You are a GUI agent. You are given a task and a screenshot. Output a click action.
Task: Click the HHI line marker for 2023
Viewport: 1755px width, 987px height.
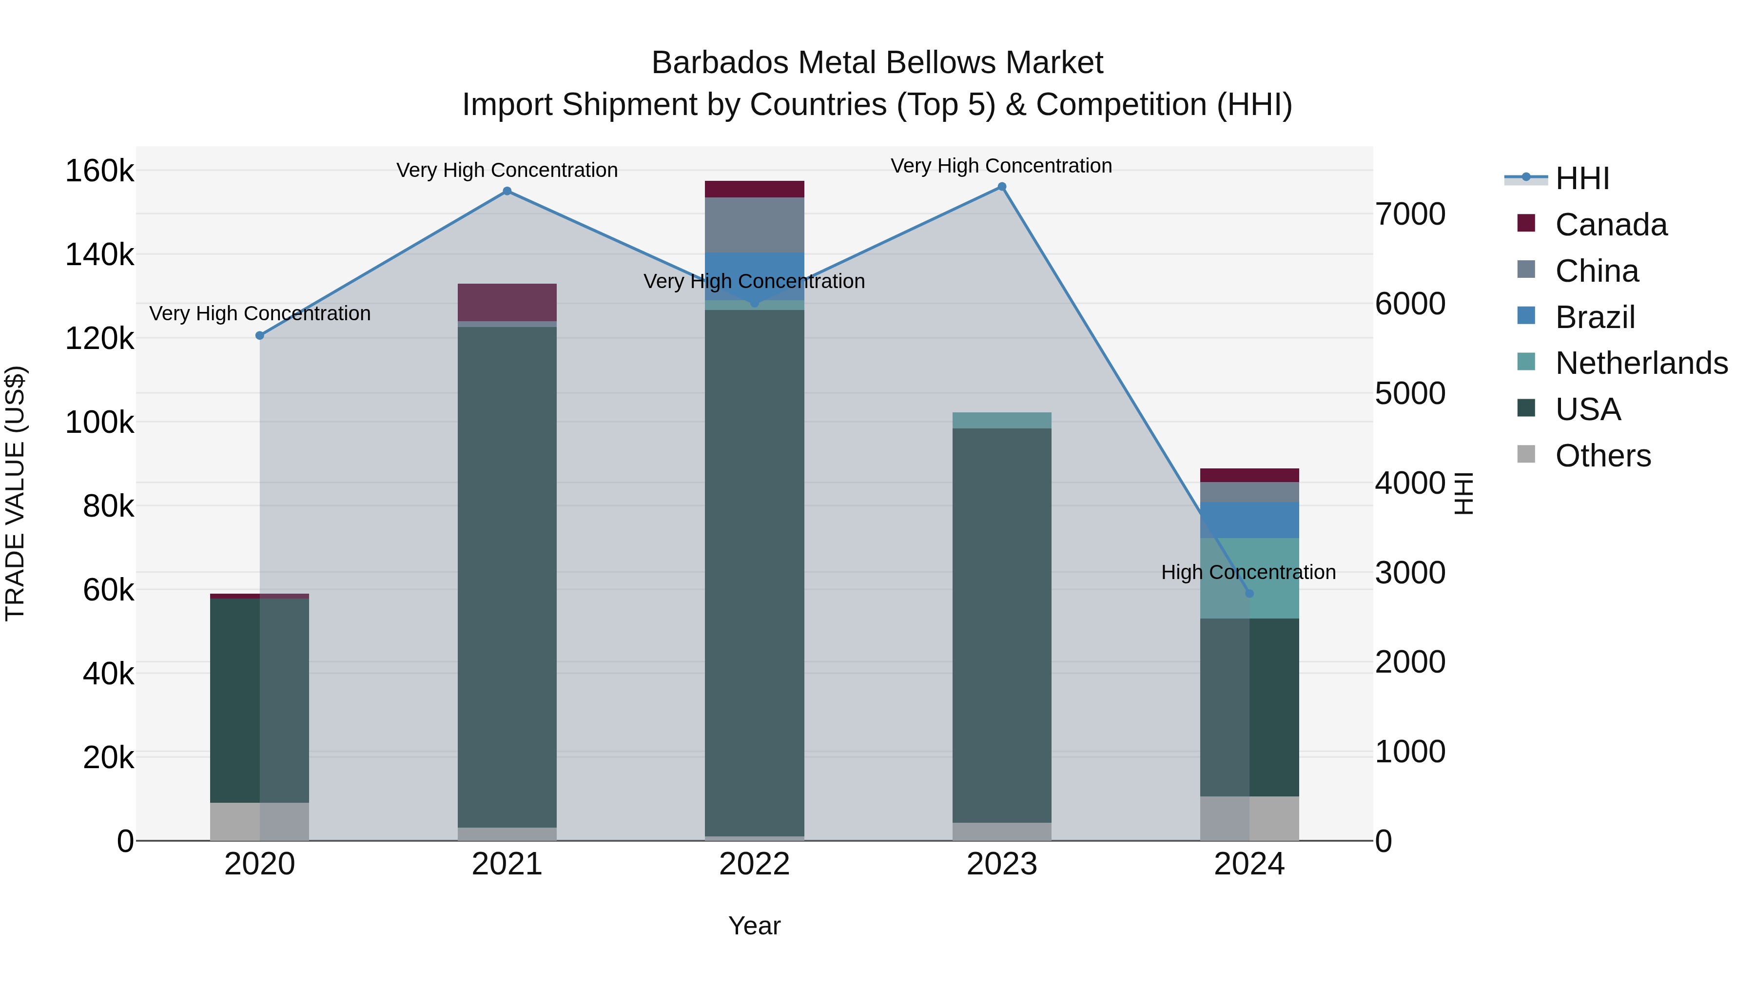(x=1001, y=187)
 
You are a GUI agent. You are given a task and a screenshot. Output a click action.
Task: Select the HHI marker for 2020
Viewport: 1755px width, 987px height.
(x=259, y=335)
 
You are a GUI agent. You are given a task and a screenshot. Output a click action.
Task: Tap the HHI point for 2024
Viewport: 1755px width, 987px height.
(x=1249, y=593)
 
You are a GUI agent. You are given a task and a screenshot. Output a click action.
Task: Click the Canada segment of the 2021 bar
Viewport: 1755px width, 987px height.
(x=507, y=302)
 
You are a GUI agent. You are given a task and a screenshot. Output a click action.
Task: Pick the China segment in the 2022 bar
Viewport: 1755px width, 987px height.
(x=754, y=225)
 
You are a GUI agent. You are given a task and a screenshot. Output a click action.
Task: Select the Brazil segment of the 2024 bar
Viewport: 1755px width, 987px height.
(x=1249, y=520)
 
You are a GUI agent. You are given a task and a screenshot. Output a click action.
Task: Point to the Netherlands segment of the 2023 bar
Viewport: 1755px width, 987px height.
(x=1001, y=420)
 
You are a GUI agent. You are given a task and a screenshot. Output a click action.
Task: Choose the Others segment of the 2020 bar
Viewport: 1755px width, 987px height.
(x=259, y=821)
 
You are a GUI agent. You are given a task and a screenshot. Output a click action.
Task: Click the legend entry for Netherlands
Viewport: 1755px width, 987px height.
(x=1640, y=363)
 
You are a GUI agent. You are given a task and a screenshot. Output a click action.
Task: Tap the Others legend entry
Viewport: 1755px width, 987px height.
(x=1602, y=456)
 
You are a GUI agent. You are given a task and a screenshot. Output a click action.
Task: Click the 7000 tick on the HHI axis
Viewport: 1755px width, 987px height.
(x=1409, y=214)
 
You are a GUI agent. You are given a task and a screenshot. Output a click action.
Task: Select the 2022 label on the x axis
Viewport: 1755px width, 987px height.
(x=754, y=864)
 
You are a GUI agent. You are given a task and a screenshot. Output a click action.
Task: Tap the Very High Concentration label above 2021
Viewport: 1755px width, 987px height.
(x=507, y=170)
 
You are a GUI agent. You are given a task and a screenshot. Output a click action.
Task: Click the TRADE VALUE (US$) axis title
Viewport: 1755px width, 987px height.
(x=16, y=493)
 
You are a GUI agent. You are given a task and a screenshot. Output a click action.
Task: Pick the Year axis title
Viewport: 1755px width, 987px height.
(x=754, y=926)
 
